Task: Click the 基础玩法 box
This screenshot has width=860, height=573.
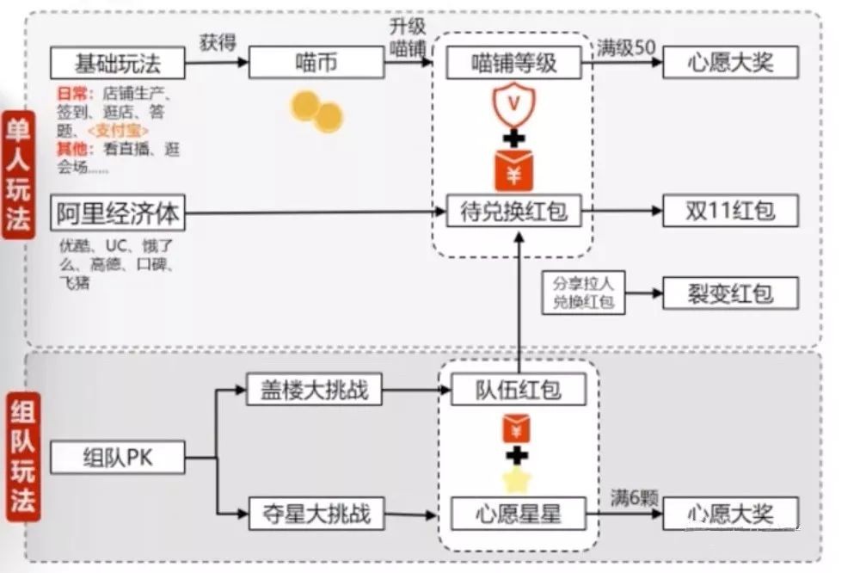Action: click(118, 63)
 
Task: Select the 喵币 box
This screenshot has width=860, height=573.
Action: click(316, 63)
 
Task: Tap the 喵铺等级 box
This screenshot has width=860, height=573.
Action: click(514, 63)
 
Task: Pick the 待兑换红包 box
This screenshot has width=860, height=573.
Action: click(514, 212)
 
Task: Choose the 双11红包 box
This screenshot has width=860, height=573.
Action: click(730, 212)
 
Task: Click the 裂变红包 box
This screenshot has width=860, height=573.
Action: click(730, 294)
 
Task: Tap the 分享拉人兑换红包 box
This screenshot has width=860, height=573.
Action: click(584, 294)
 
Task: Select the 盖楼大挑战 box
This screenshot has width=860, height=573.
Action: click(314, 390)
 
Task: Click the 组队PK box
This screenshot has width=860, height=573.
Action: click(118, 457)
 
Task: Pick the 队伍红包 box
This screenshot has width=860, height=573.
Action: click(518, 390)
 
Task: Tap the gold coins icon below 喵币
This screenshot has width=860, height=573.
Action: click(316, 113)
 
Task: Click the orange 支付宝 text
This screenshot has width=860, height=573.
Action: click(119, 130)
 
